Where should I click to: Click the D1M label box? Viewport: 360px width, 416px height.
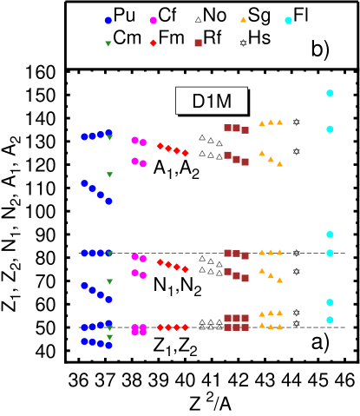(212, 101)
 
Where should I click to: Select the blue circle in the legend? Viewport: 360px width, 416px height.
(108, 20)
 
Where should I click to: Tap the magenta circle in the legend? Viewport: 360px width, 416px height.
(154, 20)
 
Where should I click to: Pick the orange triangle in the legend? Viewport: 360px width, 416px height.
(243, 19)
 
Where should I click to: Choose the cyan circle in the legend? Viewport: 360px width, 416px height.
(288, 20)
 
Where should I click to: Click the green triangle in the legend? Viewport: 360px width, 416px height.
(108, 43)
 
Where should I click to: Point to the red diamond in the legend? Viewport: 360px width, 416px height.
(154, 43)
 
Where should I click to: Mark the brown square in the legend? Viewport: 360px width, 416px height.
(198, 43)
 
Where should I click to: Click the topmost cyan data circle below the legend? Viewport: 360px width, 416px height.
(330, 93)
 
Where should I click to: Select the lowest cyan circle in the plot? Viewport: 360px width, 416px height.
(330, 320)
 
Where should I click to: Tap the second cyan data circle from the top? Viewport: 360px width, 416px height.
(330, 129)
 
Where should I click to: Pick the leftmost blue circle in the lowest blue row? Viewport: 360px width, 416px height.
(84, 341)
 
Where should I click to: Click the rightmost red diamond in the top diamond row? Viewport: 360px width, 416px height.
(185, 153)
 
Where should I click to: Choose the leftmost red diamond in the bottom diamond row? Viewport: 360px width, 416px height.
(160, 327)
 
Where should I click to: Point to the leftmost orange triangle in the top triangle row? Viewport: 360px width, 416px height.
(262, 123)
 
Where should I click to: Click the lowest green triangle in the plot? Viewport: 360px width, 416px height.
(109, 337)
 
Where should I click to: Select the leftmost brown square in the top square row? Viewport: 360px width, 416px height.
(227, 128)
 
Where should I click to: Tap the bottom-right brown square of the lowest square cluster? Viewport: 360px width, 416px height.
(245, 327)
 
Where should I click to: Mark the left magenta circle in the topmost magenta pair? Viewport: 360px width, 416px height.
(134, 140)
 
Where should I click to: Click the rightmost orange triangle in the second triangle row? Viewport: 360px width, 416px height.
(279, 163)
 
